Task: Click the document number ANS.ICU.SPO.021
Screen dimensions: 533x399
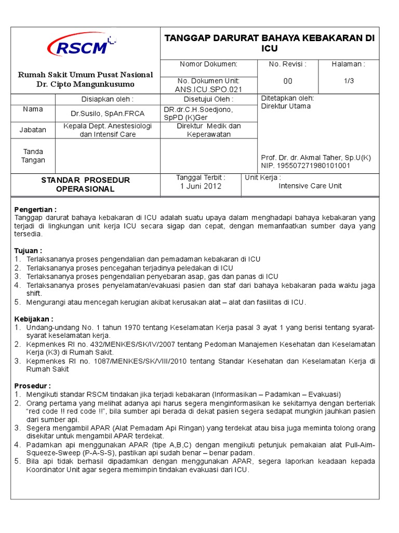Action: click(208, 89)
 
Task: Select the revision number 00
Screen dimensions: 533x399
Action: click(288, 81)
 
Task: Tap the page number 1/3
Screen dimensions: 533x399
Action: click(348, 81)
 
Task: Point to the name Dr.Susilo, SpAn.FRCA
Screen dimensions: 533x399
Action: click(108, 113)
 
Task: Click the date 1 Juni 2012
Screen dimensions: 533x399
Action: click(201, 186)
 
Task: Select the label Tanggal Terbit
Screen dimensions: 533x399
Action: click(201, 177)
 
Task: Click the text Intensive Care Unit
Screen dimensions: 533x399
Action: click(310, 186)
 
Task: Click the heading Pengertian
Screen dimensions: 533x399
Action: click(35, 209)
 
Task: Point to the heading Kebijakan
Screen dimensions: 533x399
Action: click(34, 319)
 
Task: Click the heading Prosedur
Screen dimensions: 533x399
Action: click(32, 386)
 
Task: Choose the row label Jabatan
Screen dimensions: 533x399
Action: click(33, 130)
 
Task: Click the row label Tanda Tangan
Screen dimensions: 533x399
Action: click(33, 156)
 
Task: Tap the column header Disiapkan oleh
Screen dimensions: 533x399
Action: click(108, 99)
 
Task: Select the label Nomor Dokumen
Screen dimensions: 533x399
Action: click(208, 64)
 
